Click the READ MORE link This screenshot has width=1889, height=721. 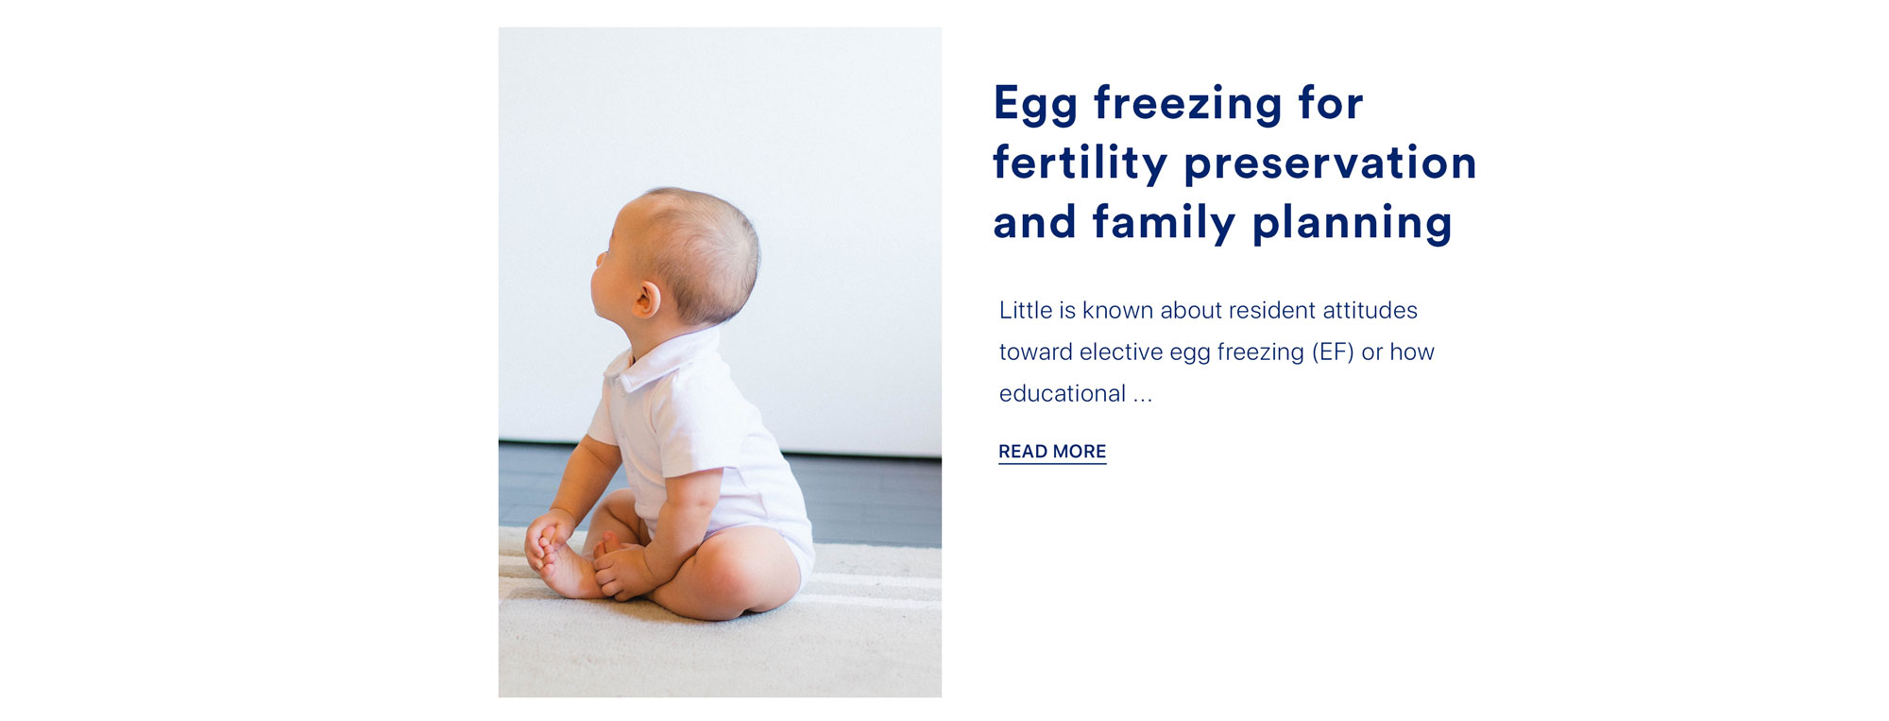click(x=1052, y=452)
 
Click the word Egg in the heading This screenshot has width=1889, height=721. click(x=1035, y=104)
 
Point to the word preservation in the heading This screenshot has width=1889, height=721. click(x=1331, y=163)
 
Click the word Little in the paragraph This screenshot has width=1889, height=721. click(x=1026, y=310)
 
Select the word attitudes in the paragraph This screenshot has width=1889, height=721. click(x=1370, y=310)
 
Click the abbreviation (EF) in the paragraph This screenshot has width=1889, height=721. click(x=1333, y=352)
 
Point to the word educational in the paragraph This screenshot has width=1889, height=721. click(x=1063, y=393)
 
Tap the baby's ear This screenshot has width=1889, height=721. click(x=647, y=300)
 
